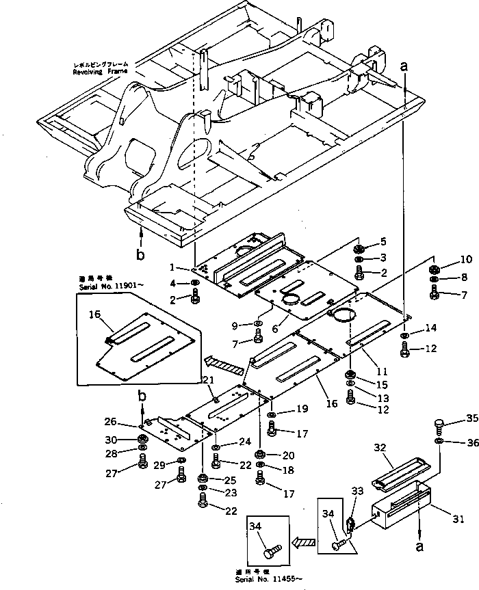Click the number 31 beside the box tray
coord(458,520)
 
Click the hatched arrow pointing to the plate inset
coord(224,366)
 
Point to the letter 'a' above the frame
coord(404,66)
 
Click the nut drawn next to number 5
coord(363,247)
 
